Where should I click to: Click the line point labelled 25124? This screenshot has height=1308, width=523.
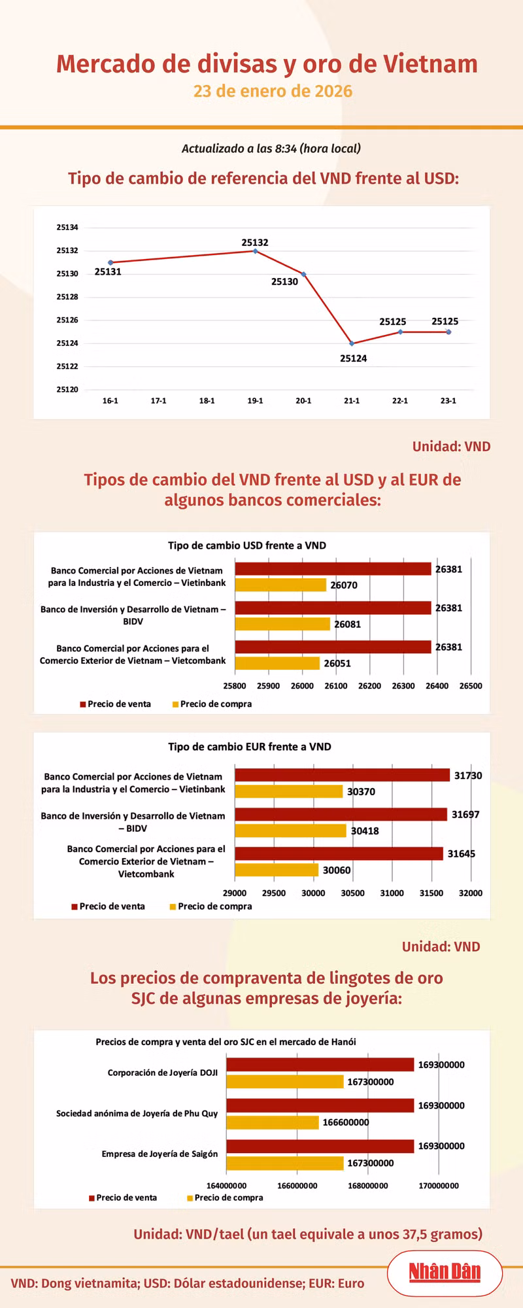point(352,343)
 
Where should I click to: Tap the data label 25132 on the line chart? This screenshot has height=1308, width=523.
point(255,243)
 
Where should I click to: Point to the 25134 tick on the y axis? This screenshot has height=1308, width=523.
point(67,228)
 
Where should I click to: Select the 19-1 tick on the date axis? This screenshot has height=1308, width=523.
point(255,400)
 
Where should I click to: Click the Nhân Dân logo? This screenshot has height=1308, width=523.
point(445,1272)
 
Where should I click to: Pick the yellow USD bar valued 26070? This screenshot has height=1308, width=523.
point(280,585)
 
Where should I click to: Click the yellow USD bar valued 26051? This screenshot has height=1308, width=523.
point(277,663)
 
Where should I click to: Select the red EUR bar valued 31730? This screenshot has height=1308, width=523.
point(343,775)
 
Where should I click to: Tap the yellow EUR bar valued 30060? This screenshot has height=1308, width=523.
point(277,870)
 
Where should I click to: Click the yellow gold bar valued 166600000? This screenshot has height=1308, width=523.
point(273,1122)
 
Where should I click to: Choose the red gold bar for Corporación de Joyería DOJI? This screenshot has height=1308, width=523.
point(320,1065)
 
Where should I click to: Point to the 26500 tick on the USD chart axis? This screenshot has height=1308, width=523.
point(471,686)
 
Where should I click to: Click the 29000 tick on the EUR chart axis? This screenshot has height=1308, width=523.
point(235,893)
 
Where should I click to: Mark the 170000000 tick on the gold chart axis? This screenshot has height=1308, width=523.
point(438,1186)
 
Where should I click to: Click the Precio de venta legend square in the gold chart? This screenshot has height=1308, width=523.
point(92,1198)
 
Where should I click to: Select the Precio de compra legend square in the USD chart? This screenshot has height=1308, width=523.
point(175,704)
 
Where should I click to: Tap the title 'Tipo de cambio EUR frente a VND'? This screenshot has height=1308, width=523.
point(250,747)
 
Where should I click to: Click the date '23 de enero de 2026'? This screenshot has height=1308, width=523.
point(273,91)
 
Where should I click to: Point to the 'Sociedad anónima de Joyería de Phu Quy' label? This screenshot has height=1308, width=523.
point(137,1113)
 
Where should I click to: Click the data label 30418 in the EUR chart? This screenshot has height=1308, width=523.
point(365,831)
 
